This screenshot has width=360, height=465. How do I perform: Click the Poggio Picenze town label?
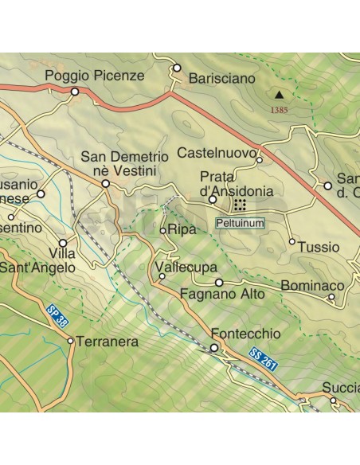point(94,76)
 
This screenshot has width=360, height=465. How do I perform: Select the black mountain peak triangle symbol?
point(278,92)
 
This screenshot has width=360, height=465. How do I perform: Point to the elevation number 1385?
point(279,110)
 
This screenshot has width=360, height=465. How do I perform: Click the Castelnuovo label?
point(216,152)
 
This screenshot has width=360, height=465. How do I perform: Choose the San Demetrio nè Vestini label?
point(124,164)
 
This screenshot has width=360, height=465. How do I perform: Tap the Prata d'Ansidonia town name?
point(237,184)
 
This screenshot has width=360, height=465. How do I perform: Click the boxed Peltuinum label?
point(240,225)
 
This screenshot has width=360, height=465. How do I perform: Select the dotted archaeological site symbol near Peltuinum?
point(240,206)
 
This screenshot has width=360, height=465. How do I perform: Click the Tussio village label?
point(319,248)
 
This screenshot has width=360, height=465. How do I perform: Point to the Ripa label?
point(182,230)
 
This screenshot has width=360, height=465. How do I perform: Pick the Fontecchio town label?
point(235,334)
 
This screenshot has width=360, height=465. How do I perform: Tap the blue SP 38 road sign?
point(54,315)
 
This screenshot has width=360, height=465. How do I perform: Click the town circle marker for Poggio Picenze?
point(76,92)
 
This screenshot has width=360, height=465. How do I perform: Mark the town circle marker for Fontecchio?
point(213,348)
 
